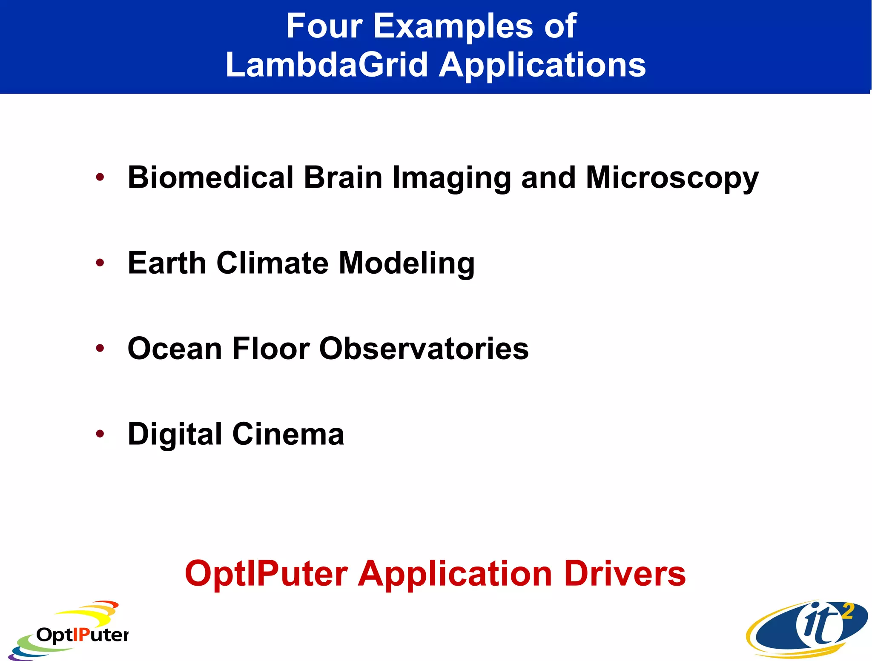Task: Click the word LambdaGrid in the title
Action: point(326,65)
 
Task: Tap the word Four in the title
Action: point(324,26)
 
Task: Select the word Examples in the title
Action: point(453,26)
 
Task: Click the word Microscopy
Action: point(672,178)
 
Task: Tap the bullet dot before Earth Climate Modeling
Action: point(100,263)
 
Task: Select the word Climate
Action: point(272,263)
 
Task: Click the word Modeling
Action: point(406,263)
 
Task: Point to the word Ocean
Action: point(175,349)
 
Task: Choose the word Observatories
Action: point(424,349)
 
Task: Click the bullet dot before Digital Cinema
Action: point(100,434)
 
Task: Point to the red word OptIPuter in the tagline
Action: point(267,573)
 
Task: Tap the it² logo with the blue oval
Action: point(807,630)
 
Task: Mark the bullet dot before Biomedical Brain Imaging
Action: point(100,177)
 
